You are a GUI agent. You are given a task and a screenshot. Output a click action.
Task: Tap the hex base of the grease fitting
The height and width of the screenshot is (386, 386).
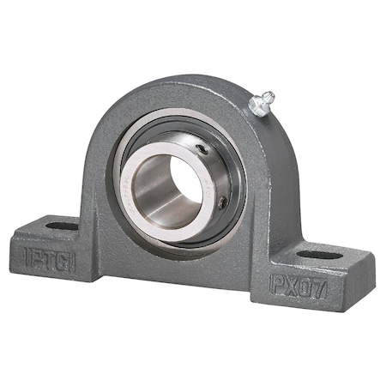[x=255, y=106]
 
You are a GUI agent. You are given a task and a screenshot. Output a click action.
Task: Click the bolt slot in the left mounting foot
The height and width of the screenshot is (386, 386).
[x=60, y=226]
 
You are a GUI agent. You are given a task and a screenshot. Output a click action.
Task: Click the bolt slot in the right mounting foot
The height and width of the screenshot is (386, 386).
[x=311, y=255]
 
